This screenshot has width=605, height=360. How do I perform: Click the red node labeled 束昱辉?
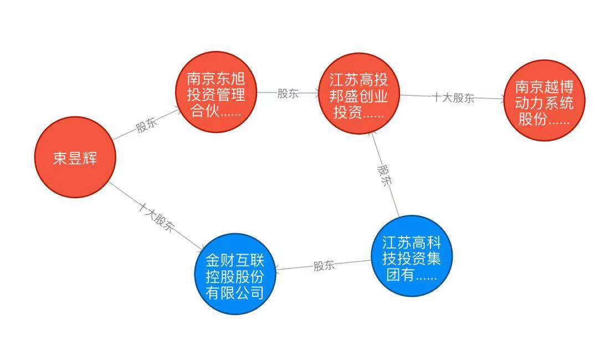(75, 157)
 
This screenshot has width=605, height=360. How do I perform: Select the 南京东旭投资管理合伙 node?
(217, 92)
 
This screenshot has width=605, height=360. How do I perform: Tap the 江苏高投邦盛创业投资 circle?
(358, 94)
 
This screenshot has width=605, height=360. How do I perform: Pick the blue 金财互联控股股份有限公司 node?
(235, 274)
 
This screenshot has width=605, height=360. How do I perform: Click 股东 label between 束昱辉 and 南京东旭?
(147, 125)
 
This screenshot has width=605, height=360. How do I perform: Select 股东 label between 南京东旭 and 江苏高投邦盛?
(288, 93)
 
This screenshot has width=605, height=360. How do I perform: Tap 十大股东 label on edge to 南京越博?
(453, 98)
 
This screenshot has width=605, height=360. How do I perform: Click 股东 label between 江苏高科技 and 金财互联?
(324, 265)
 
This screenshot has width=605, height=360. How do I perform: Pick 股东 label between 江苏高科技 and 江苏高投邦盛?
(385, 175)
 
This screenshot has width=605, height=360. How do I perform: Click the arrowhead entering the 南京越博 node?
(502, 100)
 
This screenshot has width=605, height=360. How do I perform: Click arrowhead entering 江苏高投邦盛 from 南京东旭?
(316, 94)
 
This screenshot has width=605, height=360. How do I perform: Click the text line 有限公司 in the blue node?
(235, 292)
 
